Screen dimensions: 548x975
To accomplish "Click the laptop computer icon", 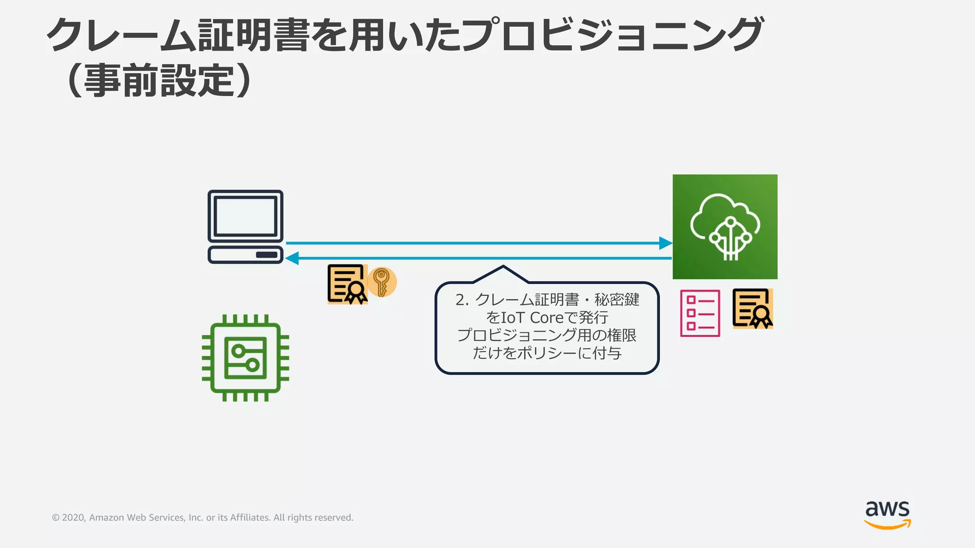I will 245,226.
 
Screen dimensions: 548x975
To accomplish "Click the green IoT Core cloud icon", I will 725,226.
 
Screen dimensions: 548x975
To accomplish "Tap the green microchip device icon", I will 245,358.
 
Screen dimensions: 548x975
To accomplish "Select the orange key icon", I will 381,282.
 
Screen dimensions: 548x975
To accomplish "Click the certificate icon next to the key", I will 347,284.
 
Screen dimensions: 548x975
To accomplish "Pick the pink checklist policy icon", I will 700,313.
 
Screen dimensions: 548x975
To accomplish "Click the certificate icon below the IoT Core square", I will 752,308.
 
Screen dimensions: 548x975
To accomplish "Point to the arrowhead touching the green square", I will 666,243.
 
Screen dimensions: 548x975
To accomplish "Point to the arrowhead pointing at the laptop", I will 291,258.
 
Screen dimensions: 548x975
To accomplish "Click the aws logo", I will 887,514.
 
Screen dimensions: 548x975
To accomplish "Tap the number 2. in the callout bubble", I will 462,300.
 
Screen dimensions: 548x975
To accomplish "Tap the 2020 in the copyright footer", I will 73,518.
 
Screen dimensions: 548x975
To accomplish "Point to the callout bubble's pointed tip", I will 503,267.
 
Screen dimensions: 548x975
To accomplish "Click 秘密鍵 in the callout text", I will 617,300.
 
